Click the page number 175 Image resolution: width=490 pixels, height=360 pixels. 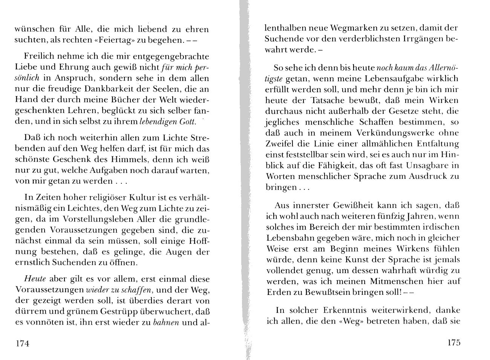pyautogui.click(x=453, y=343)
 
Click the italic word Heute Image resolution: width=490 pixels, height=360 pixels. pyautogui.click(x=35, y=279)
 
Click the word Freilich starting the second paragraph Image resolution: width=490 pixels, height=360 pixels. pyautogui.click(x=40, y=56)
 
